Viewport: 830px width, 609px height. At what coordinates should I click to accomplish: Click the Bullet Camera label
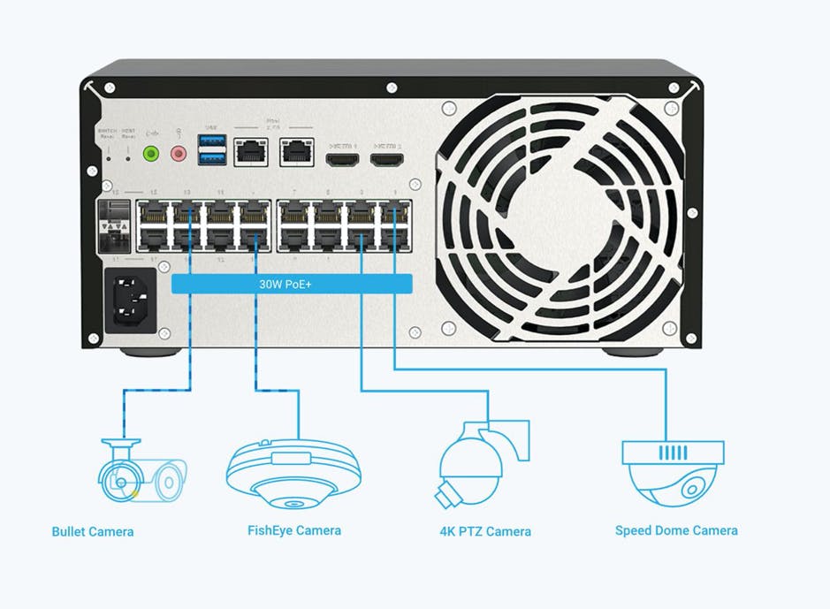pyautogui.click(x=93, y=531)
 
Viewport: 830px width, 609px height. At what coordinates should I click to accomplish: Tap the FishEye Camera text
pyautogui.click(x=293, y=530)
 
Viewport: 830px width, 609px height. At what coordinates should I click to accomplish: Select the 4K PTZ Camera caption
pyautogui.click(x=485, y=531)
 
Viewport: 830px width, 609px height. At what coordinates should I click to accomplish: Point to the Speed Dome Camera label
pyautogui.click(x=676, y=530)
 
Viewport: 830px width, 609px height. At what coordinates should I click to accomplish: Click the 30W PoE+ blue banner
pyautogui.click(x=292, y=284)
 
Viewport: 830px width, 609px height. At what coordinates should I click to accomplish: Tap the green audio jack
pyautogui.click(x=151, y=154)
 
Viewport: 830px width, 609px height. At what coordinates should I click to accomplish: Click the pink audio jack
pyautogui.click(x=179, y=154)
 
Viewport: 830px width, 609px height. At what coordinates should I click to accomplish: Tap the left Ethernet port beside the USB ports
pyautogui.click(x=252, y=152)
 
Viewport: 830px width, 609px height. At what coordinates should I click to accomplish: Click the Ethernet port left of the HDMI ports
pyautogui.click(x=295, y=152)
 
